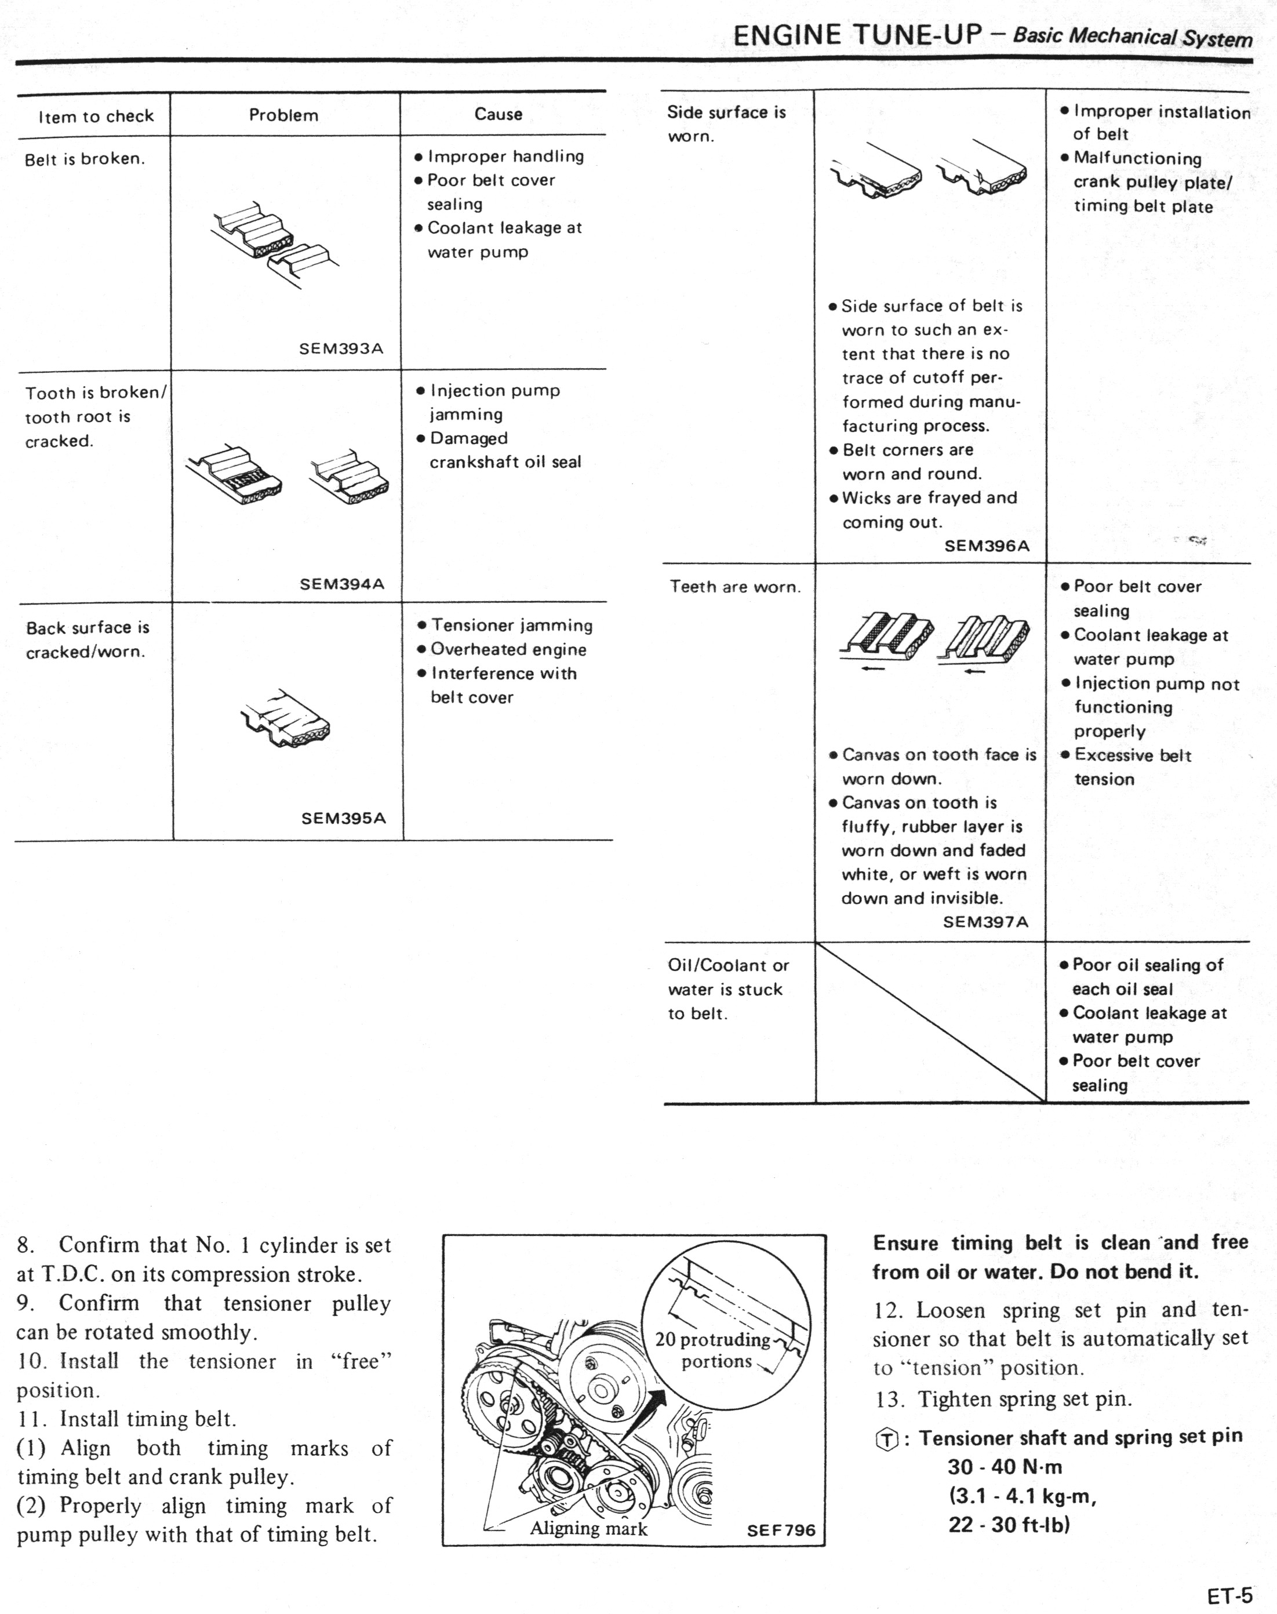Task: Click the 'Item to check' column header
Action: (x=96, y=116)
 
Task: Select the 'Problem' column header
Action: (x=283, y=115)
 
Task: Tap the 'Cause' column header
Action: (x=498, y=114)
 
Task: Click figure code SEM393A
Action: (x=341, y=348)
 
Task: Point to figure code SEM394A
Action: (x=341, y=584)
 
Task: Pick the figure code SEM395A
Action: (x=343, y=818)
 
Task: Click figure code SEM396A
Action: (x=987, y=546)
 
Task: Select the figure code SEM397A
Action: (x=985, y=922)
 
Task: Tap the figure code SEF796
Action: (x=781, y=1531)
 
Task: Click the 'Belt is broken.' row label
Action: (x=85, y=158)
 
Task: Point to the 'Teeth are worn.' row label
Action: (x=735, y=587)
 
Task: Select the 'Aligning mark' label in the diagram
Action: (x=588, y=1529)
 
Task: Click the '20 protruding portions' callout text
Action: (x=714, y=1350)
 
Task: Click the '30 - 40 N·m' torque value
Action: (x=1005, y=1467)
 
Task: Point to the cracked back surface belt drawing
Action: (x=286, y=718)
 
